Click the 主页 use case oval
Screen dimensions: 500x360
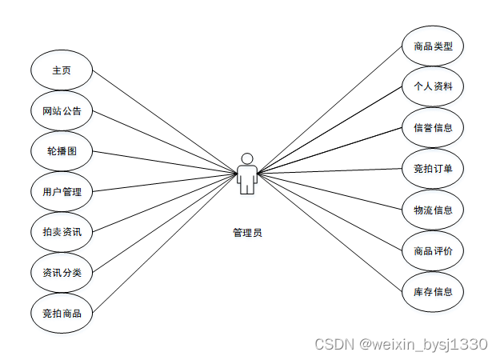pyautogui.click(x=62, y=70)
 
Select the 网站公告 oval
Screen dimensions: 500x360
pyautogui.click(x=62, y=110)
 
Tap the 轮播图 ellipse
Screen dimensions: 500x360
pyautogui.click(x=62, y=151)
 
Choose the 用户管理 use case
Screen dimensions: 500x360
pyautogui.click(x=62, y=191)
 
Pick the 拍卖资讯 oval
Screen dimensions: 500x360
pyautogui.click(x=62, y=232)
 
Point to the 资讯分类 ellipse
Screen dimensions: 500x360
pyautogui.click(x=62, y=273)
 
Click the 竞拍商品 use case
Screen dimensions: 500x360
pyautogui.click(x=62, y=313)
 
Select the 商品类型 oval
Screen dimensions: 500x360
pyautogui.click(x=433, y=46)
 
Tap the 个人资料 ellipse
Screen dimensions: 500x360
pyautogui.click(x=433, y=86)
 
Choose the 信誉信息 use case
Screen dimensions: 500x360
pyautogui.click(x=433, y=127)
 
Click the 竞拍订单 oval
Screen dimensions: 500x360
pyautogui.click(x=433, y=168)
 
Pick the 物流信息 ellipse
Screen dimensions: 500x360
pyautogui.click(x=433, y=210)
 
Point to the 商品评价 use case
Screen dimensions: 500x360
pyautogui.click(x=433, y=251)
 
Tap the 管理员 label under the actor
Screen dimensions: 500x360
pyautogui.click(x=247, y=233)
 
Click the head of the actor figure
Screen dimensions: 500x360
pyautogui.click(x=247, y=158)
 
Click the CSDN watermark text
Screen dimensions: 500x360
pyautogui.click(x=400, y=344)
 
